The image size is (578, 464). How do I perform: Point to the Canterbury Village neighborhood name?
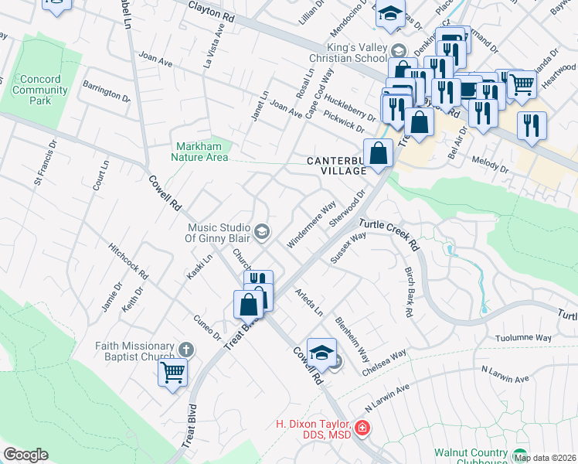click(x=335, y=165)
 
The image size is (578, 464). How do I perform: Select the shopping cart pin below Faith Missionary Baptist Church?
click(x=173, y=372)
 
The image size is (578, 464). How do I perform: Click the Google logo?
click(x=25, y=455)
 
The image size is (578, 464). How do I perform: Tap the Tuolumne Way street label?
click(x=524, y=338)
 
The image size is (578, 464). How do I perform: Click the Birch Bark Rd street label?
click(x=409, y=292)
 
